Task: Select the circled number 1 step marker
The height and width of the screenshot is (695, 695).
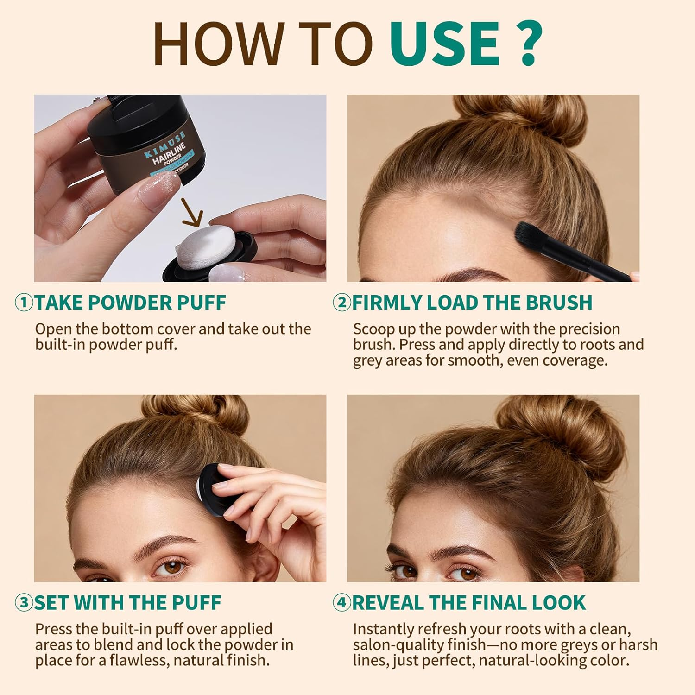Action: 24,303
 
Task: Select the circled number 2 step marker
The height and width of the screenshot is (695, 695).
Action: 342,303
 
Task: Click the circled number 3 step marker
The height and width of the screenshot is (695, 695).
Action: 24,603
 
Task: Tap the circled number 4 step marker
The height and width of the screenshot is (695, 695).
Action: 342,603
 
